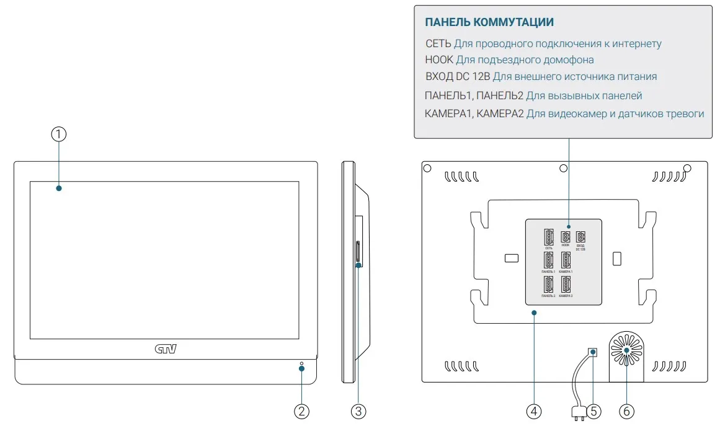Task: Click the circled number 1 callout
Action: point(58,134)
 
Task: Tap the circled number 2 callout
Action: point(301,410)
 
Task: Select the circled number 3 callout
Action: point(358,410)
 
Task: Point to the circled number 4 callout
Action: point(534,410)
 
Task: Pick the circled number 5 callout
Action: point(593,410)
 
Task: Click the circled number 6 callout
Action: point(626,410)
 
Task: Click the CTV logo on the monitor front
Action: point(166,349)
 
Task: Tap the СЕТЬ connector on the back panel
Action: point(549,237)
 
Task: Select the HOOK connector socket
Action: point(566,236)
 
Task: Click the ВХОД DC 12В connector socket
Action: point(581,236)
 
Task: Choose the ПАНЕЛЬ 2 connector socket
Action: point(549,285)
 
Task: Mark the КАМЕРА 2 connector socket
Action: point(566,285)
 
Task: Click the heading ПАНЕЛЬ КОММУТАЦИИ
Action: point(489,23)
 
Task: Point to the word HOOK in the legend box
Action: point(439,60)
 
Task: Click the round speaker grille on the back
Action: point(626,350)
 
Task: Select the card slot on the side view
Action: point(357,253)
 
